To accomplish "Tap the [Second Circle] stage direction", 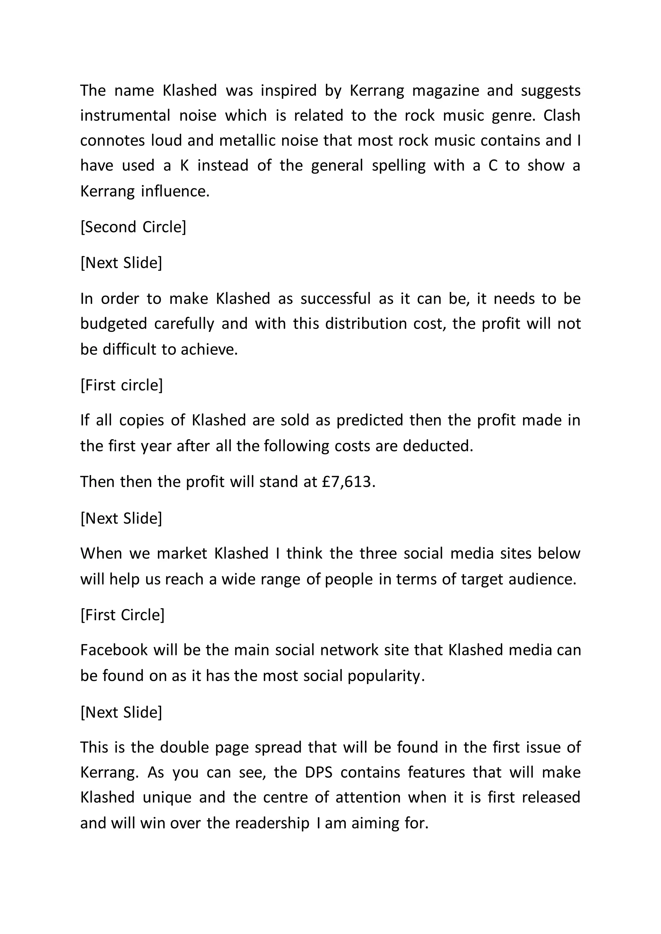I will [x=133, y=227].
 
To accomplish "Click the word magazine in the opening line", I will [x=446, y=91].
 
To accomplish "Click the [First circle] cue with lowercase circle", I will [x=121, y=385].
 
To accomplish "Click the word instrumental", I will [x=125, y=115].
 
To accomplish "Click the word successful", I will [x=335, y=299].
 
